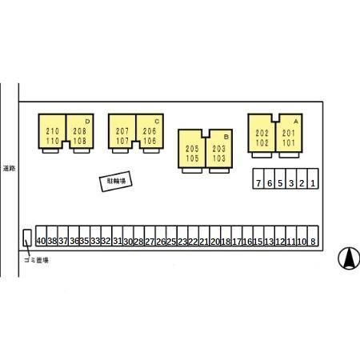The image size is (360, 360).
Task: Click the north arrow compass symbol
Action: [349, 258]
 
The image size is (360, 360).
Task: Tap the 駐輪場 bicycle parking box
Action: [116, 182]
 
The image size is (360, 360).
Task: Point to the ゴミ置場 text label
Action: [36, 260]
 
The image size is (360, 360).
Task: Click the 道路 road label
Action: [9, 168]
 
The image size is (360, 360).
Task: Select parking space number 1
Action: [313, 178]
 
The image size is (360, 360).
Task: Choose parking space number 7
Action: [258, 178]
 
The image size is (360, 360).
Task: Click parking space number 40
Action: [41, 236]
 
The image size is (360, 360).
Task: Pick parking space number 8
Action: [313, 236]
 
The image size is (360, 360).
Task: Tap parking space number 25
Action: [171, 236]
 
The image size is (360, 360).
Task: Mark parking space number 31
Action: [118, 236]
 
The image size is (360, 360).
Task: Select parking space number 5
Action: [280, 178]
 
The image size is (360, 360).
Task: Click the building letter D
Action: [87, 122]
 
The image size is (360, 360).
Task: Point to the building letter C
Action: [157, 122]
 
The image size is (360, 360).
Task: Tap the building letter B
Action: [226, 137]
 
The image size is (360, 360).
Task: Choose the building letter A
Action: [296, 122]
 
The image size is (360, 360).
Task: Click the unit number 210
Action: [53, 131]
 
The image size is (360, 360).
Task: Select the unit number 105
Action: [192, 158]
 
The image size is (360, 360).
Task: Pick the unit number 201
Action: [289, 133]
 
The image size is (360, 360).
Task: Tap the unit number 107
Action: [122, 141]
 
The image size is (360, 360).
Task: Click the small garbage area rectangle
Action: [27, 238]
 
